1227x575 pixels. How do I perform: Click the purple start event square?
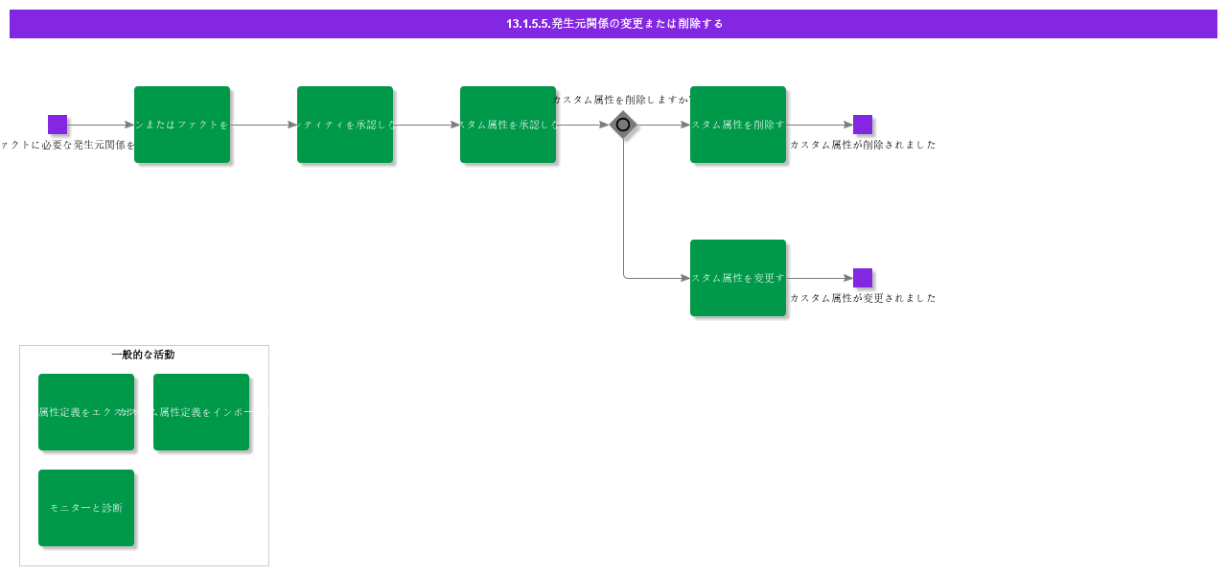click(x=58, y=125)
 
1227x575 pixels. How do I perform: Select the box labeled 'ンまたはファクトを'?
click(x=182, y=125)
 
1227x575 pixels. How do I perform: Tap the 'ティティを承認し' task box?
click(x=345, y=125)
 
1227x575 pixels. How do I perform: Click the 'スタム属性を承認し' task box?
click(x=508, y=125)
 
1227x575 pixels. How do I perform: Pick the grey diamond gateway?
click(x=623, y=125)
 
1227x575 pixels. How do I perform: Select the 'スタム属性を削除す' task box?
click(x=738, y=125)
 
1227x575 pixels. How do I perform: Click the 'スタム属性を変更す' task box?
click(x=738, y=278)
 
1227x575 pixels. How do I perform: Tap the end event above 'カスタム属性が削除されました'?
click(x=863, y=125)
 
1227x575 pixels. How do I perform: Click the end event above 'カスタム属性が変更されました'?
click(x=863, y=278)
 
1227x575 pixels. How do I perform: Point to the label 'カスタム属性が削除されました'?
click(x=863, y=145)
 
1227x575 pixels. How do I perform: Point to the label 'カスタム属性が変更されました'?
click(x=863, y=298)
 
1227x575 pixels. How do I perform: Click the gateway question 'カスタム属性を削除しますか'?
click(x=621, y=100)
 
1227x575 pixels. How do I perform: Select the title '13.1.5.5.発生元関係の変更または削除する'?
click(x=613, y=24)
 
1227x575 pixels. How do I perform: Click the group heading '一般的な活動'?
click(x=143, y=355)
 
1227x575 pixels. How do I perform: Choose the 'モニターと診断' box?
click(x=86, y=508)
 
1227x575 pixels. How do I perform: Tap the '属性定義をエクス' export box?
click(x=86, y=412)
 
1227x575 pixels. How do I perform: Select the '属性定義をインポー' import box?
click(x=201, y=412)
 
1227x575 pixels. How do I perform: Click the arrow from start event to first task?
click(x=101, y=125)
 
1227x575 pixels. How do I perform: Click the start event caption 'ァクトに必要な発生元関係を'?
click(x=67, y=145)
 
